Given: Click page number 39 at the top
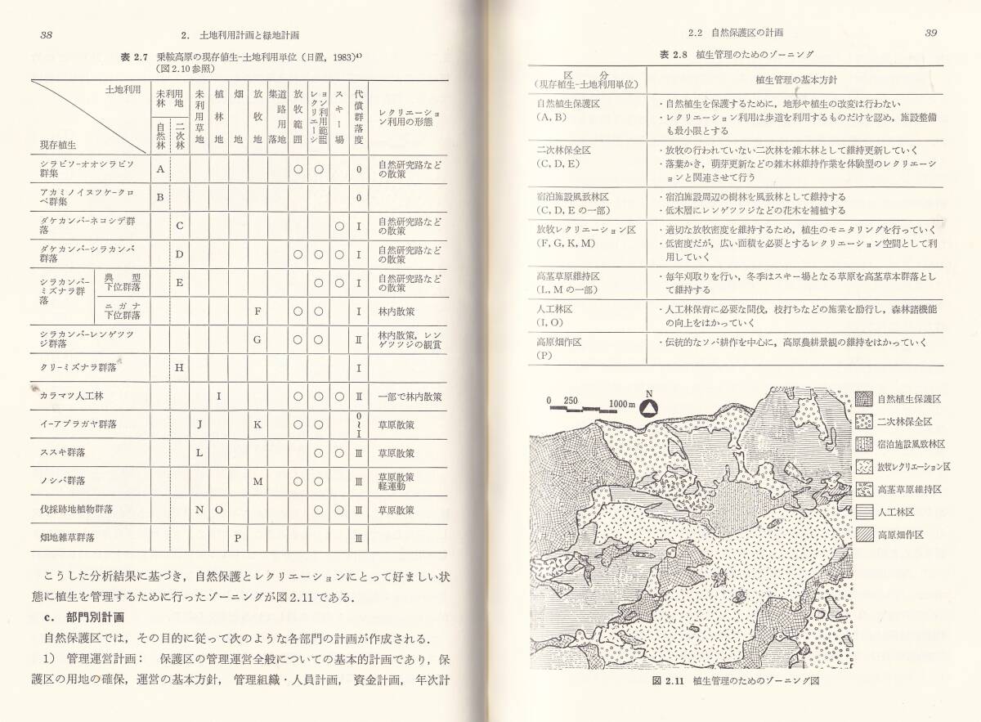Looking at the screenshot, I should coord(930,34).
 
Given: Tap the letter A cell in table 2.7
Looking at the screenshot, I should coord(161,169).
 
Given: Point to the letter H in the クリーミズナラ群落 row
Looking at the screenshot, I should coord(180,367).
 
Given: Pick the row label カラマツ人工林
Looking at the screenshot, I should coord(70,396).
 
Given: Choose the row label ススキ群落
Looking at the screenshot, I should coord(62,452).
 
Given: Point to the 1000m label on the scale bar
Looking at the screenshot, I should coord(624,403).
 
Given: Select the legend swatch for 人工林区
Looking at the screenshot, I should coord(863,512).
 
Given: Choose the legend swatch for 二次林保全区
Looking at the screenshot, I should coord(863,422).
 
